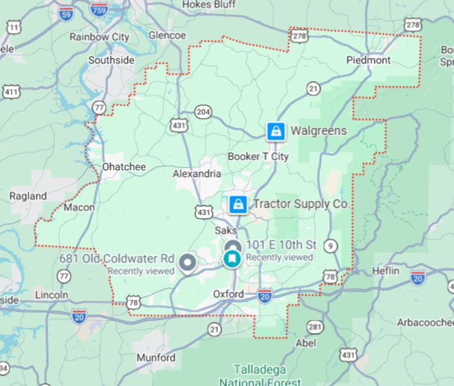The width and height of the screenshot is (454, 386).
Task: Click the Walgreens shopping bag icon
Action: tap(276, 131)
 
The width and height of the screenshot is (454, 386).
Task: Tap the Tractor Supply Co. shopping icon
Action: tap(238, 204)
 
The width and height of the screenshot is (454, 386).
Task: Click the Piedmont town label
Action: tap(368, 60)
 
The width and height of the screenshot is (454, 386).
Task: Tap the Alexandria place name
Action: tap(197, 173)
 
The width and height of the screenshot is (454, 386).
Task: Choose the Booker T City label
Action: tap(258, 156)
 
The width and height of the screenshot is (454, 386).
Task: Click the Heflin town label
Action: tap(386, 270)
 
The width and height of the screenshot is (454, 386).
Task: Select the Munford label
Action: tap(156, 358)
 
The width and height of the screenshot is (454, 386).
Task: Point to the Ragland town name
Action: tap(28, 196)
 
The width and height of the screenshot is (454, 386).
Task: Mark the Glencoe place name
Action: tap(167, 35)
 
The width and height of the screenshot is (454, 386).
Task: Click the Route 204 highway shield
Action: tap(203, 111)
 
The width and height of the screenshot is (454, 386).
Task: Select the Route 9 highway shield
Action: tap(332, 246)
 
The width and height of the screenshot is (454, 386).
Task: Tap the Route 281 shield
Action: tap(314, 326)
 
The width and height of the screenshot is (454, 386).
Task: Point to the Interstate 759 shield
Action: tap(98, 9)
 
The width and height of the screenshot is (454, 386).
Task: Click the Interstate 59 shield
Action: tap(66, 13)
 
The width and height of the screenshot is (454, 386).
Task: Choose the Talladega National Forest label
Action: tap(260, 375)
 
